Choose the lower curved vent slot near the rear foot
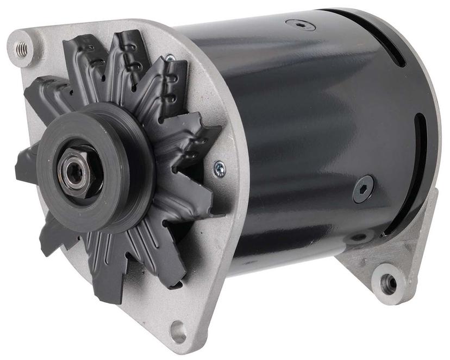[421, 163]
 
